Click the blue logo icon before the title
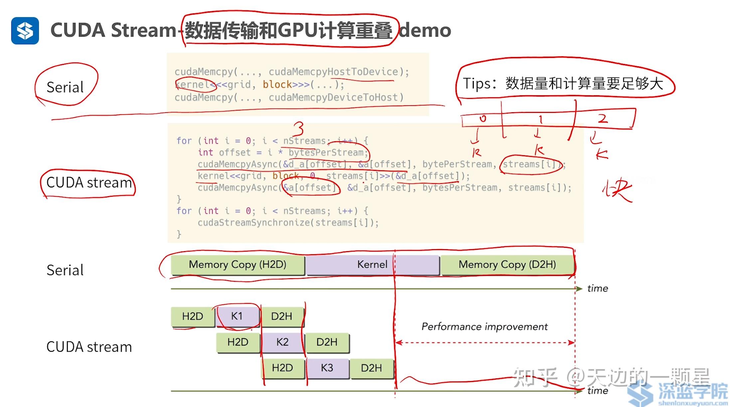[25, 31]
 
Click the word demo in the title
[425, 31]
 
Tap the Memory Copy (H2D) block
[238, 264]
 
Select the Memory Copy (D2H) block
[507, 264]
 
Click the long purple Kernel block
[372, 264]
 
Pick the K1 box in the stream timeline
[237, 316]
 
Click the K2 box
[282, 342]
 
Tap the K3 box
[327, 368]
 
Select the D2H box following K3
[371, 368]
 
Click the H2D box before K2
[238, 342]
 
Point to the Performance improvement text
[484, 326]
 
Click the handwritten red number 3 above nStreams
[298, 128]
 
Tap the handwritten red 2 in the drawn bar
[603, 119]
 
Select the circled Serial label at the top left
[65, 87]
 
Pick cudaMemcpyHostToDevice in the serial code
[333, 72]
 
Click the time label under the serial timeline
[598, 288]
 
